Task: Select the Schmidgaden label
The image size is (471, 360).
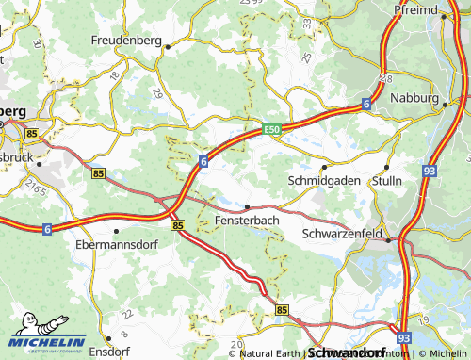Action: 323,179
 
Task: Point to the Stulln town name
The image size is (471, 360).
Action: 386,179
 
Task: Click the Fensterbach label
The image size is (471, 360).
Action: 247,220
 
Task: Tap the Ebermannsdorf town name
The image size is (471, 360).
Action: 115,242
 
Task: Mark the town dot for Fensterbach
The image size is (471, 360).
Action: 247,206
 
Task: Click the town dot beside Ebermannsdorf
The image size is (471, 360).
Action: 115,230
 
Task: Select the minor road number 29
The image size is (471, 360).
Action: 157,93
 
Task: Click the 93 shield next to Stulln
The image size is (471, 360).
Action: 429,171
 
